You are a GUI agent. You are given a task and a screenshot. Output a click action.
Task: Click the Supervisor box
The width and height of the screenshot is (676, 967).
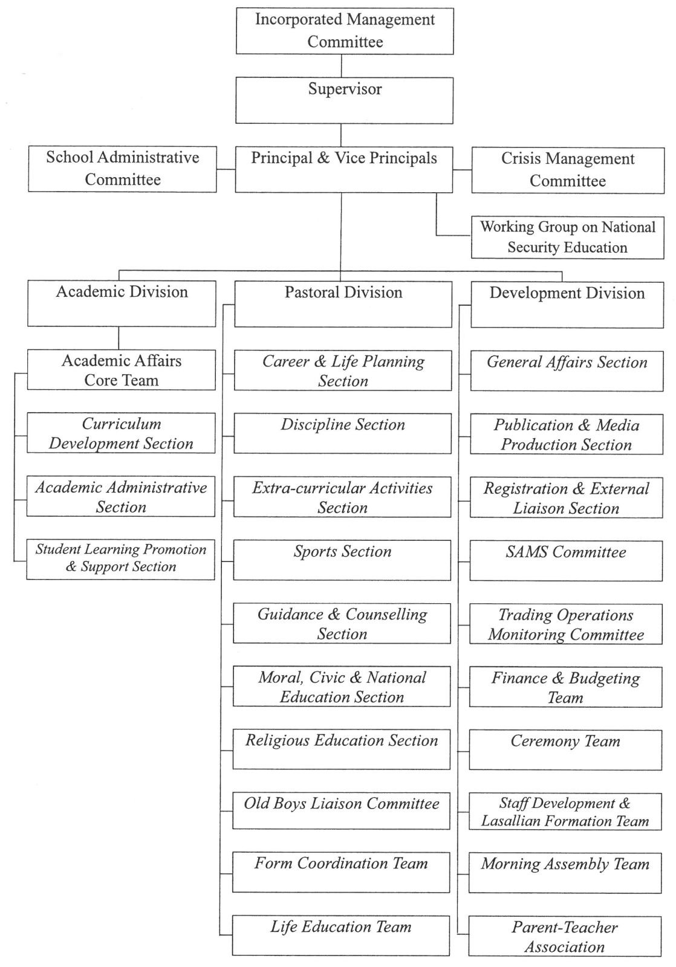pos(344,100)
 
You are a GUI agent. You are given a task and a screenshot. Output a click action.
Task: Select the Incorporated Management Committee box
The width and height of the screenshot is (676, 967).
pos(345,31)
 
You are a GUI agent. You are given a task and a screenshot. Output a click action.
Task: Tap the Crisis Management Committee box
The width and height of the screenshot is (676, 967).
pos(568,170)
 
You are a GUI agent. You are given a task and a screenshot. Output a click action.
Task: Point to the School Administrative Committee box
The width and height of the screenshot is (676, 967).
pos(122,169)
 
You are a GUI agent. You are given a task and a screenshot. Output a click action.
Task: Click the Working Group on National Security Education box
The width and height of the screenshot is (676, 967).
pos(568,238)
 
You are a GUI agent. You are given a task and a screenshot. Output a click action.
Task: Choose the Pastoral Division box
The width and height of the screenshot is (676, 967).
pos(343,305)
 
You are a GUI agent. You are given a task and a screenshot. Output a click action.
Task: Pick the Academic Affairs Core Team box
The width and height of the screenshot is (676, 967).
pos(122,370)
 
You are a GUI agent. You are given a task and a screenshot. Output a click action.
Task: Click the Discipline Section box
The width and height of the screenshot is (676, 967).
pos(343,433)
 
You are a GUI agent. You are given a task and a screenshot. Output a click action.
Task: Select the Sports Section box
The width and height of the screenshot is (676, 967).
pos(342,560)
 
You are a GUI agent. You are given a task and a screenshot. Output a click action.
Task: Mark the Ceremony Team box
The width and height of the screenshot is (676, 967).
pos(565,750)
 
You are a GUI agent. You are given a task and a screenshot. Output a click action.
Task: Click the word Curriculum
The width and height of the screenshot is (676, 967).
pos(122,424)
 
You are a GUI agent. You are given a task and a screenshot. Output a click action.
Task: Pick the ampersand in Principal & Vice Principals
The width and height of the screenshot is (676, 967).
pos(323,158)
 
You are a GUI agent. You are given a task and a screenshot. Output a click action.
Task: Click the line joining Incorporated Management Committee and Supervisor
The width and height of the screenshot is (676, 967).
pos(341,66)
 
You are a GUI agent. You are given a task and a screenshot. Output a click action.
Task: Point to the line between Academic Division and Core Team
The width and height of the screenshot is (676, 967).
pos(119,338)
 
